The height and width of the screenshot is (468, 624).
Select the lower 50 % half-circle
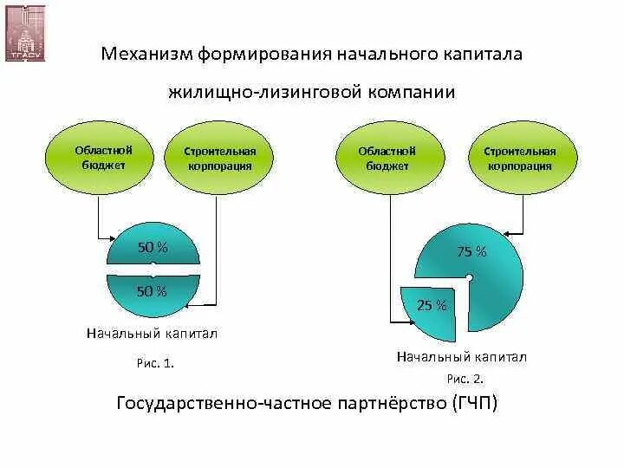point(153,293)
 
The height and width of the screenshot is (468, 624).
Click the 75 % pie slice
point(482,260)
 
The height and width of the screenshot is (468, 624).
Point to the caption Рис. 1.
point(156,364)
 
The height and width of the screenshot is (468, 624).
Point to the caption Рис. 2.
point(465,379)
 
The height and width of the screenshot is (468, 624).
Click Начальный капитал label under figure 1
point(152,333)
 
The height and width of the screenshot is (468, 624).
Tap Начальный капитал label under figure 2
point(462,356)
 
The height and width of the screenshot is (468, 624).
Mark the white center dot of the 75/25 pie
point(468,278)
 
